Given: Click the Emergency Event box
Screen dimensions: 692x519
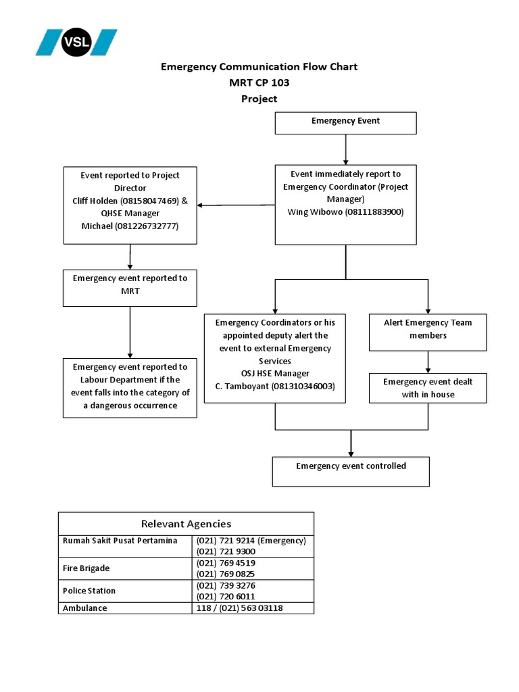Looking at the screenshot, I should (x=345, y=122).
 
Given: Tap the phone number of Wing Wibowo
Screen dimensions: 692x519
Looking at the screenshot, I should (x=374, y=212).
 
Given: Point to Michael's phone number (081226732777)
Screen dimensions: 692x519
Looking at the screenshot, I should (x=146, y=226).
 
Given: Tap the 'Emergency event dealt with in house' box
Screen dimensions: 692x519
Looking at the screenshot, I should (x=427, y=388).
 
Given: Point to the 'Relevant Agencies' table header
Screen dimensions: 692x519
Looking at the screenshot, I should (x=186, y=524).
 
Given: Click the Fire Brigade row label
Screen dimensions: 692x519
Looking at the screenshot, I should (x=86, y=568).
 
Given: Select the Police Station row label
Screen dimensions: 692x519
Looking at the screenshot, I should (x=89, y=591).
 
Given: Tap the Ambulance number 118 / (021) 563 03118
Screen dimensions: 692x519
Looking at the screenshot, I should (x=239, y=608).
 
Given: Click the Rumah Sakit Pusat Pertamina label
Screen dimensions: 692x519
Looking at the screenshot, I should (x=120, y=541).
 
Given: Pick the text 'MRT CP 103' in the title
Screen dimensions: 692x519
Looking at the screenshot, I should (x=259, y=82).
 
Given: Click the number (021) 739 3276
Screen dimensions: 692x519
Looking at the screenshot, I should (x=226, y=585).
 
